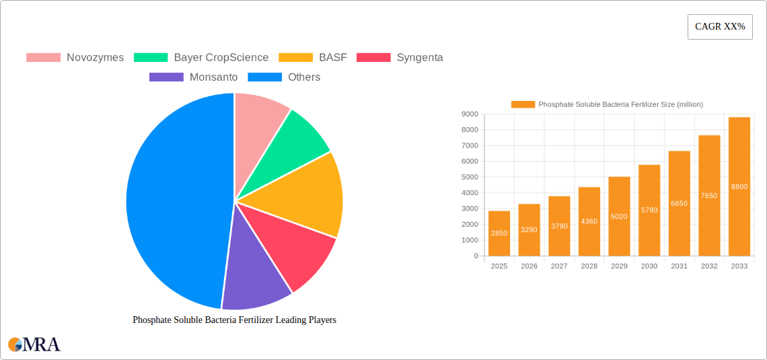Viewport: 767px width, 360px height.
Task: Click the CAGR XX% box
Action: (720, 27)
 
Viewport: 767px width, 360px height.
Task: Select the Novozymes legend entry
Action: (75, 57)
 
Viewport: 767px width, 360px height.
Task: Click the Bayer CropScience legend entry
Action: (201, 57)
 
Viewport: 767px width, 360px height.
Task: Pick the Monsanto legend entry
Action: (194, 77)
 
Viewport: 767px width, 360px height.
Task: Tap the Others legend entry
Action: (284, 77)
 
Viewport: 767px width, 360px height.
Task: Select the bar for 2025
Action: (499, 233)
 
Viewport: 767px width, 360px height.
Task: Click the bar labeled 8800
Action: (739, 186)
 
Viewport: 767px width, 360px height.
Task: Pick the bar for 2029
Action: (619, 216)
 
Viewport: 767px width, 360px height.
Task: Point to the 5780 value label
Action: (649, 210)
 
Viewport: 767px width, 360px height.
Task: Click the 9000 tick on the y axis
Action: (470, 114)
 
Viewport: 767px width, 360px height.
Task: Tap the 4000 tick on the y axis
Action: (470, 193)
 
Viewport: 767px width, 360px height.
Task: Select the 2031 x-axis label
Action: (679, 266)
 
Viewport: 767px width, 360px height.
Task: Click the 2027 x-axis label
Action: (559, 266)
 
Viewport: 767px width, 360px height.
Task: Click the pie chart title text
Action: (234, 320)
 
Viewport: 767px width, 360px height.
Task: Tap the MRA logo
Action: (34, 345)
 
